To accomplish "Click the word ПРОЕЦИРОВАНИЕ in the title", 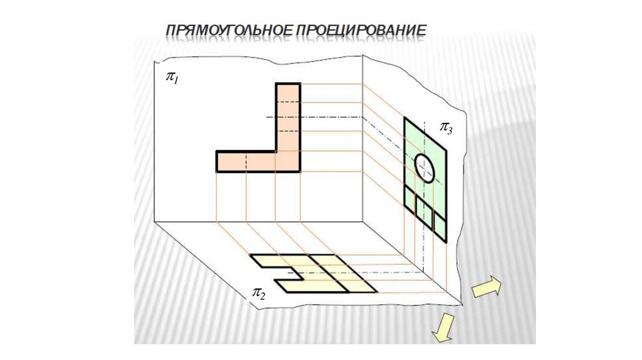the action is point(362,30).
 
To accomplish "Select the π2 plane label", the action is point(258,292).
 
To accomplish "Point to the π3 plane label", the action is point(445,129).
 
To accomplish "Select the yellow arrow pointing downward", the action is point(445,328).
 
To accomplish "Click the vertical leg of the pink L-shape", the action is point(288,119).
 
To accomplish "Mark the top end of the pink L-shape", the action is point(288,85).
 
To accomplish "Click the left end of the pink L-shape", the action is point(218,161).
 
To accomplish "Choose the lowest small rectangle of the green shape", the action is point(440,229).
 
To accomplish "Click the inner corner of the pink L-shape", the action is point(276,151).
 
